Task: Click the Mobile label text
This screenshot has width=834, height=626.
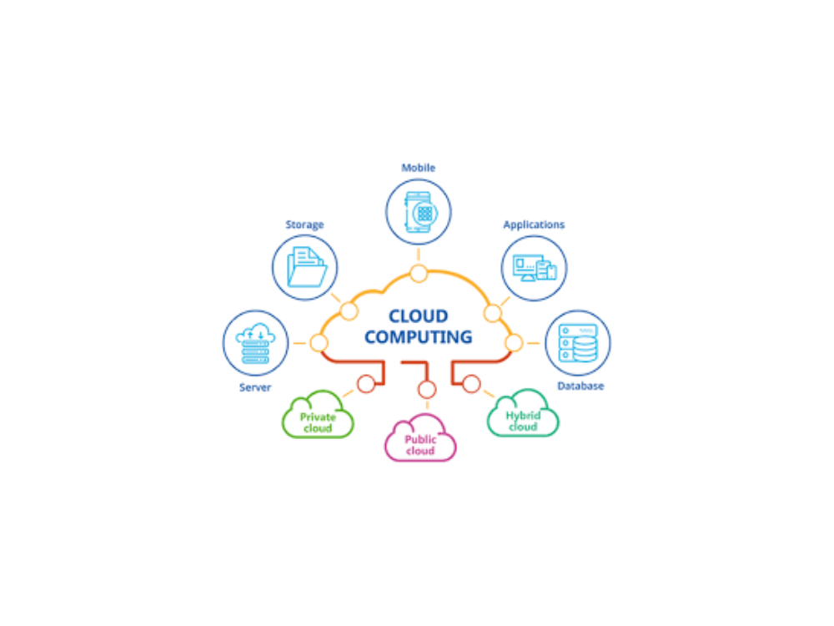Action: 418,168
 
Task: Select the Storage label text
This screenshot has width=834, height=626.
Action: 304,225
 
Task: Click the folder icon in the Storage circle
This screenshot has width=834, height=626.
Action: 306,267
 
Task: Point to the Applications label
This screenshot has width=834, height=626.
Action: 534,225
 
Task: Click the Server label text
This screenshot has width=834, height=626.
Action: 254,387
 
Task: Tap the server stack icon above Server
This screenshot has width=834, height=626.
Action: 255,343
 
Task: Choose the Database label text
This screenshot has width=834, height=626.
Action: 580,386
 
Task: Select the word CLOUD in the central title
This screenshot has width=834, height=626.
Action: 418,316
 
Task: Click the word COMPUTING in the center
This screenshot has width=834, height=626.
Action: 418,337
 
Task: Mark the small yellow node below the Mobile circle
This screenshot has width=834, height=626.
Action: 419,274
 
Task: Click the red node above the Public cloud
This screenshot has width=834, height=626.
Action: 426,389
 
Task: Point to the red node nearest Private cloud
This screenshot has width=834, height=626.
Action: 366,384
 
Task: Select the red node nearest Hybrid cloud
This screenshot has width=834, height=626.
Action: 471,384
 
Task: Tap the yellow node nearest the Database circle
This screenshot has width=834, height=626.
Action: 514,343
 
